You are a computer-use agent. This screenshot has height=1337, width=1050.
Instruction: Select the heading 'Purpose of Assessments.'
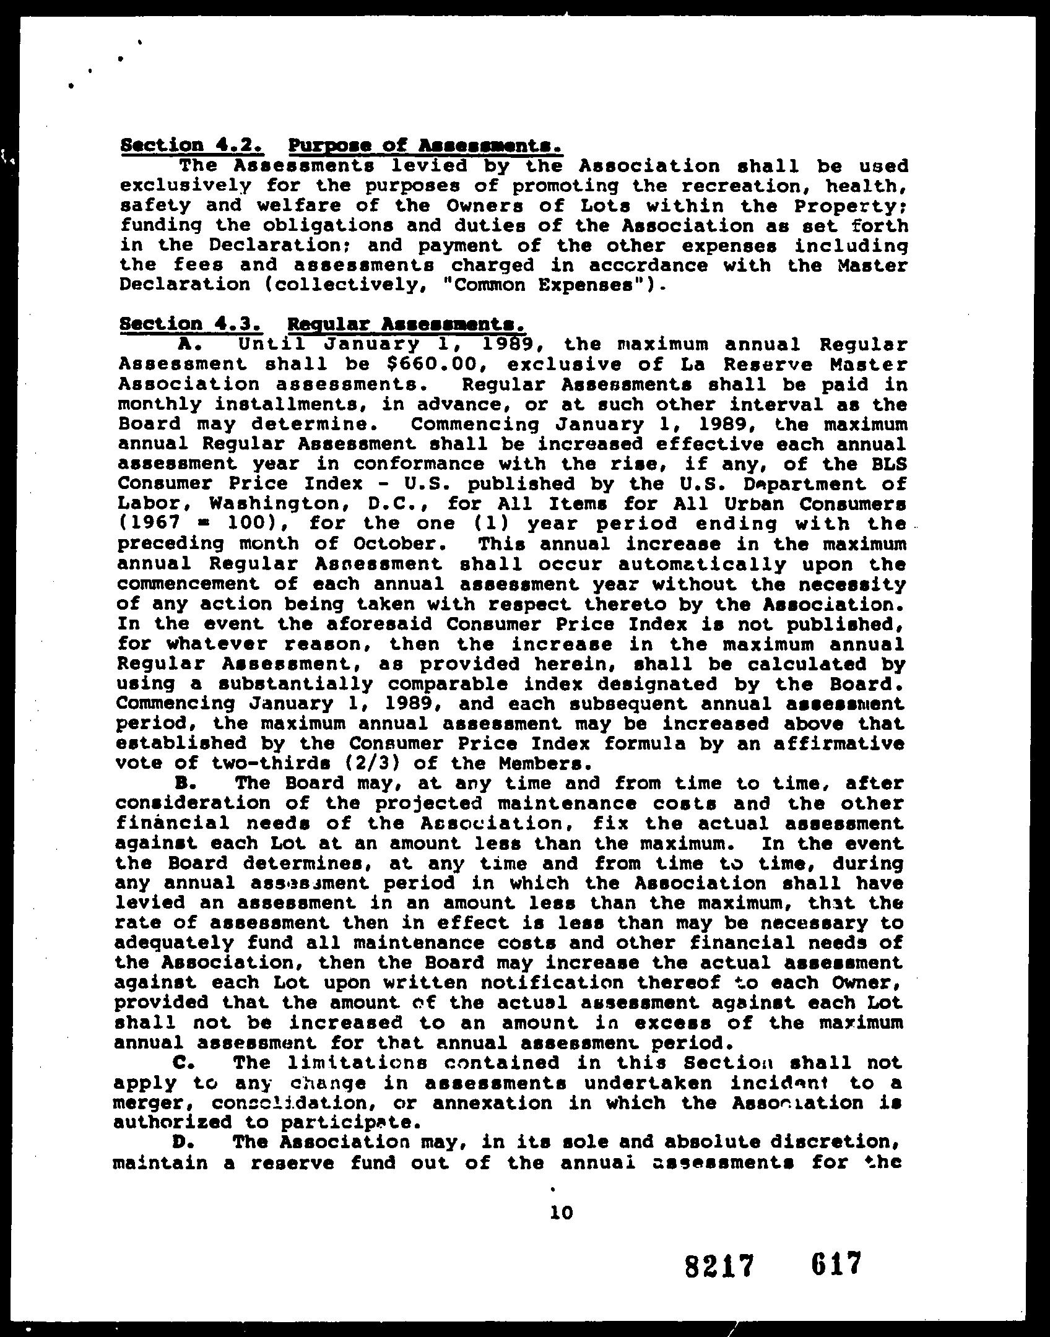click(425, 146)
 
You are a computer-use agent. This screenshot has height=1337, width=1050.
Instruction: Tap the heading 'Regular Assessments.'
click(407, 324)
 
